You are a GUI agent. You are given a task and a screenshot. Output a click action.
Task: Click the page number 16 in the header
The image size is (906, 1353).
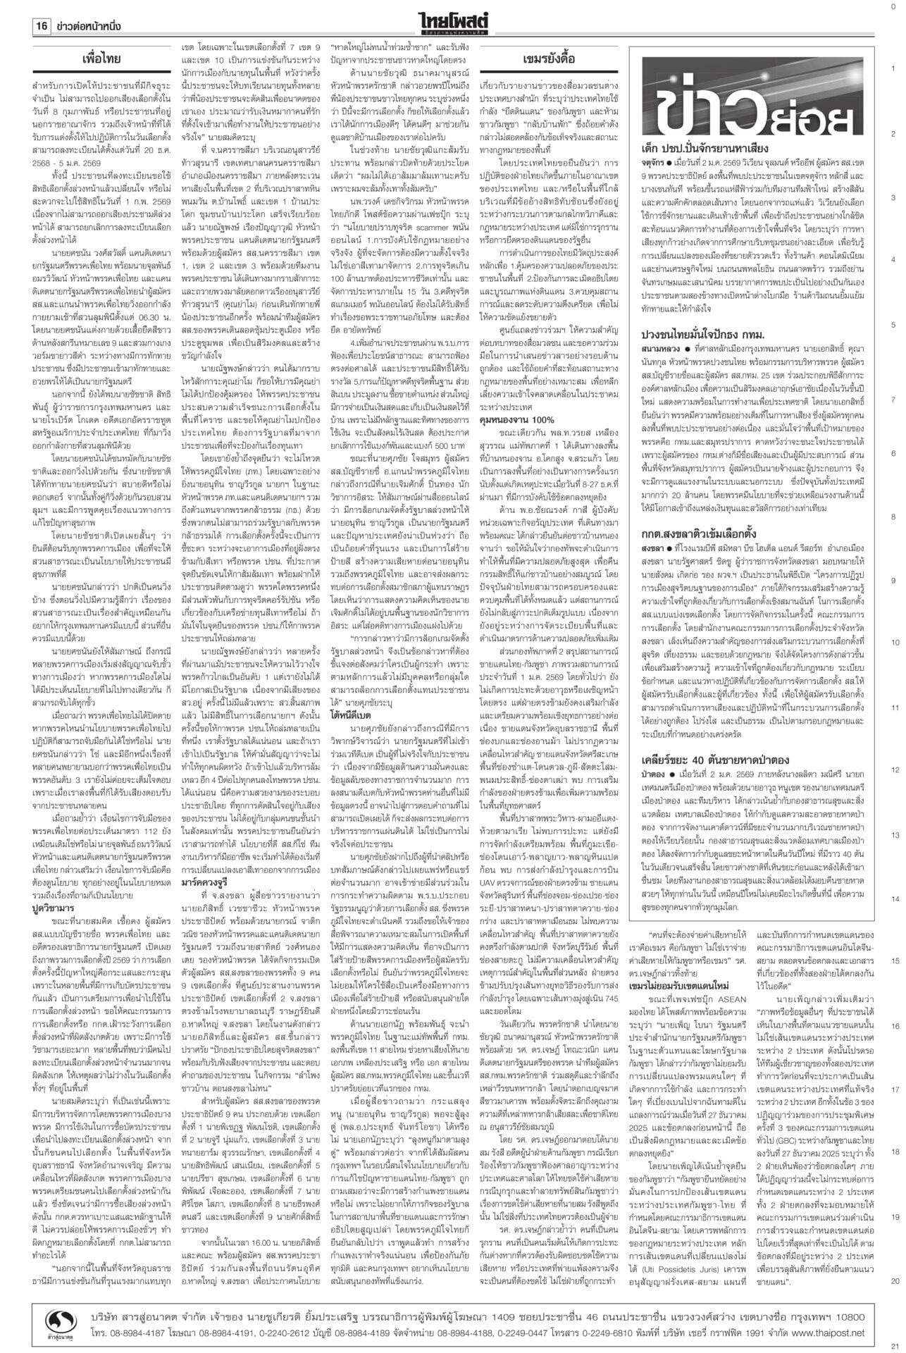click(41, 27)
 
